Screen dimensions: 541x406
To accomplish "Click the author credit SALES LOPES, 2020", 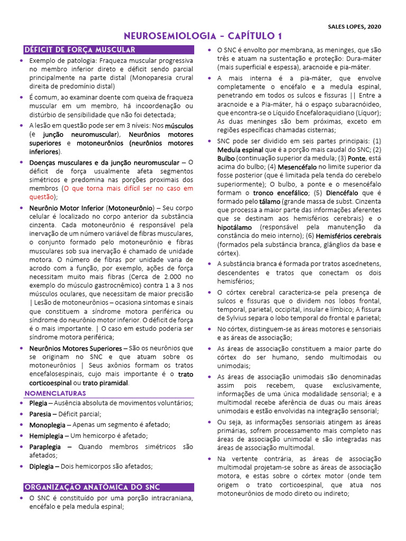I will [x=354, y=26].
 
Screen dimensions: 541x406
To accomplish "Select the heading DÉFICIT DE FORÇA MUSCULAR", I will [x=80, y=50].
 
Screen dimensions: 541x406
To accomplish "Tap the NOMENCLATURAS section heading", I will [x=55, y=393].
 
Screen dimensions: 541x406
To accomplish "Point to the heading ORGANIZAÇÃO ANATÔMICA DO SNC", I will [x=93, y=487].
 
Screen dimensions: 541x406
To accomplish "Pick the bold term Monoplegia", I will [x=47, y=425].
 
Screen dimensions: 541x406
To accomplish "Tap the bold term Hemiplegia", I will [x=47, y=436].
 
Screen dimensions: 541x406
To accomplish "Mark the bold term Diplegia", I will [x=41, y=467].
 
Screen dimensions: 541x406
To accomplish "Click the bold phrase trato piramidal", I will [x=106, y=383].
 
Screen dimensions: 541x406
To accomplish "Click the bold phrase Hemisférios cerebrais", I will [x=350, y=236].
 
